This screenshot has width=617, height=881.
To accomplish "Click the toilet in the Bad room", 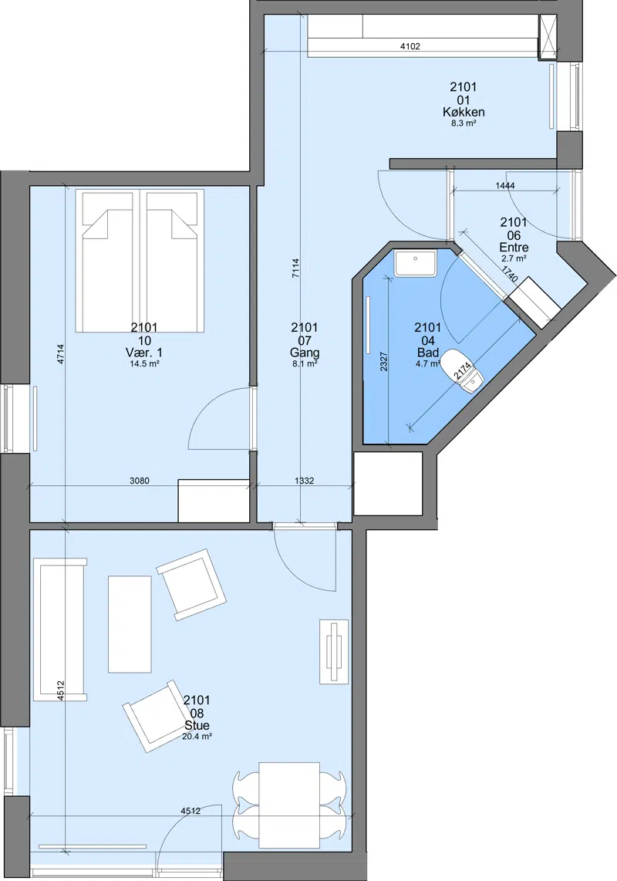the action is pos(462,371).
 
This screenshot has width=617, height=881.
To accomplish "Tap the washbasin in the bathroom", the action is pos(415,264).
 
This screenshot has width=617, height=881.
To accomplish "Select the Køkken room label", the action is pos(464,112).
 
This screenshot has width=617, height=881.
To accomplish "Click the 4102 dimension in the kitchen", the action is pos(410,46).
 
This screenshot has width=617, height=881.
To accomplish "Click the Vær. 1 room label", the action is pos(144,353).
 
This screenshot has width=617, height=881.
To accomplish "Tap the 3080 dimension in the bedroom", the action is pos(140,481).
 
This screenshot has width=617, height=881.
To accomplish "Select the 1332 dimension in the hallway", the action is pos(304,481).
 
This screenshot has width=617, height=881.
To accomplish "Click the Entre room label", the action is pos(514,247).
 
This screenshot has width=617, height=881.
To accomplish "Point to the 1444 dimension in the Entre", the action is pos(505,185).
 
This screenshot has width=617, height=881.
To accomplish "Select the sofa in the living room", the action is pos(60,629).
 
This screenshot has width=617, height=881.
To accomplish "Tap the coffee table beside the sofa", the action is pos(130,623).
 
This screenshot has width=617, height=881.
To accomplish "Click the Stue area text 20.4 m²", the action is pos(197,736).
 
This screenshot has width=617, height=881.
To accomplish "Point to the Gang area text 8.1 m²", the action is pos(305,363).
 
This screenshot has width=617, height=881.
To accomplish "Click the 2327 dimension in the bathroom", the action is pos(384,361).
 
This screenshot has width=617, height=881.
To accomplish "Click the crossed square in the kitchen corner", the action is pos(547,36).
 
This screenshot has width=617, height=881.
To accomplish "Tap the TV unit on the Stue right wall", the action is pos(334,652).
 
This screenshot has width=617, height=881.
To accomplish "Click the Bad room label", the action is pos(427,353).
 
